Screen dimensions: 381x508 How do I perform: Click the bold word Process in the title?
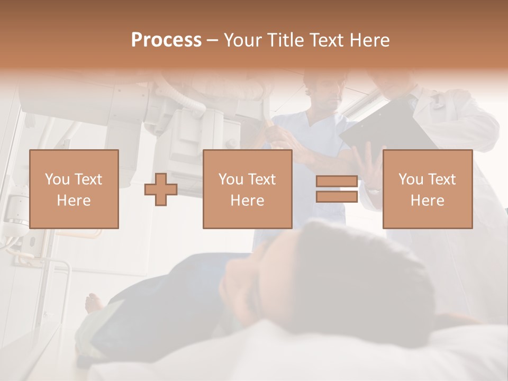(166, 40)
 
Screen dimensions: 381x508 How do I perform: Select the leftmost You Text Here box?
(74, 189)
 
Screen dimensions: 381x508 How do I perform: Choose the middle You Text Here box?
(247, 189)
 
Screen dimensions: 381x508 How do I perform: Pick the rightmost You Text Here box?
(427, 189)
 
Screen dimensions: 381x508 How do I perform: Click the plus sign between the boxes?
(161, 189)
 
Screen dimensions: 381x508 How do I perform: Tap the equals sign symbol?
(337, 189)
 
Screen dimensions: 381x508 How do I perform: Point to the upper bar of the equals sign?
(337, 182)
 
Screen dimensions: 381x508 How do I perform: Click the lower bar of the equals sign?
(337, 196)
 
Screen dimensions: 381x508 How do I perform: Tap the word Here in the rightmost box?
(427, 200)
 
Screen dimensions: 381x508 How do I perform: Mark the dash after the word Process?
(213, 40)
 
